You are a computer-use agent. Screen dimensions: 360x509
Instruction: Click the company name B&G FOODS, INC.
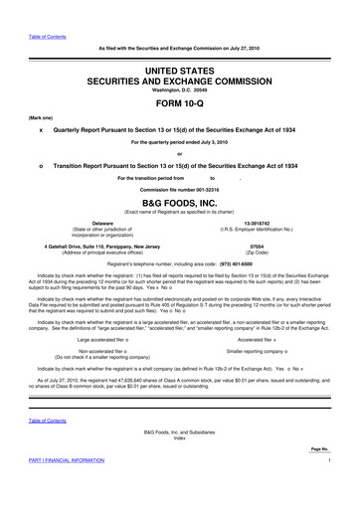pyautogui.click(x=179, y=199)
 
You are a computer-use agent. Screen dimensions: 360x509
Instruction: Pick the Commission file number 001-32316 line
pyautogui.click(x=179, y=188)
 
